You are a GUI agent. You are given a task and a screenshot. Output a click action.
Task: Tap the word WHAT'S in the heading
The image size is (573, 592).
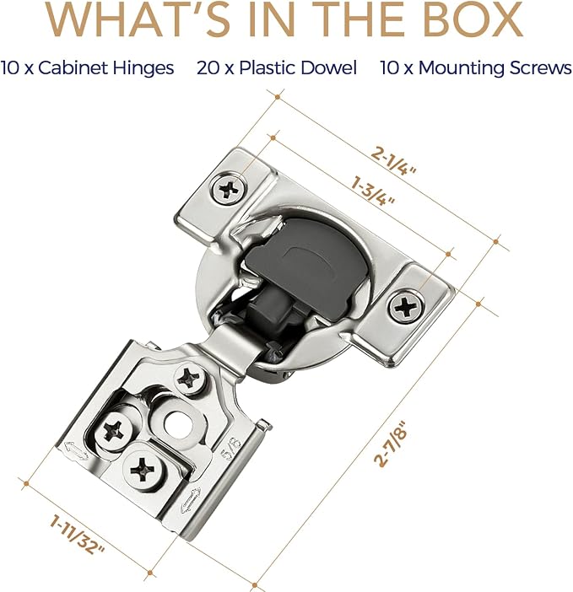pos(138,19)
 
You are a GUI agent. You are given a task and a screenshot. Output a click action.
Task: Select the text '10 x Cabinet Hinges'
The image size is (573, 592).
pos(87,68)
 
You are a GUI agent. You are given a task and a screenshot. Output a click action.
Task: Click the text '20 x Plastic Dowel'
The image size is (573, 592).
pos(277,68)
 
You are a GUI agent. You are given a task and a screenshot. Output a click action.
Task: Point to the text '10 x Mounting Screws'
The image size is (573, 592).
pos(476,68)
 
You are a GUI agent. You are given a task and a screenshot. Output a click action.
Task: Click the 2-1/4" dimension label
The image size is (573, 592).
pos(393,161)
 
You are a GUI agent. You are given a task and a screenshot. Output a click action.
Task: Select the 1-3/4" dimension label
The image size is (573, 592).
pos(373,191)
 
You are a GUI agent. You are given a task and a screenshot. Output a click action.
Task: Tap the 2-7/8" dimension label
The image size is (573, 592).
pos(392,444)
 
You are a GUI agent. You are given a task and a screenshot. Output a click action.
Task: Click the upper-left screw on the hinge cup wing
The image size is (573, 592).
pos(228,189)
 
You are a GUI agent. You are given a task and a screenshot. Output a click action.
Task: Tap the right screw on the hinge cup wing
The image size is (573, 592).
pos(406,307)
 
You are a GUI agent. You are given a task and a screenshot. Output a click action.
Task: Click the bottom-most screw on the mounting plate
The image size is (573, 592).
pos(142,469)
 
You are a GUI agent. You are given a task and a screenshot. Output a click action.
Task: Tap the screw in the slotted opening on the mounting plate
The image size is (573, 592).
pos(113,430)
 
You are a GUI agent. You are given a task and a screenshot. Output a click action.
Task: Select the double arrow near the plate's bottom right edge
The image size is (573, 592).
pos(191,500)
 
